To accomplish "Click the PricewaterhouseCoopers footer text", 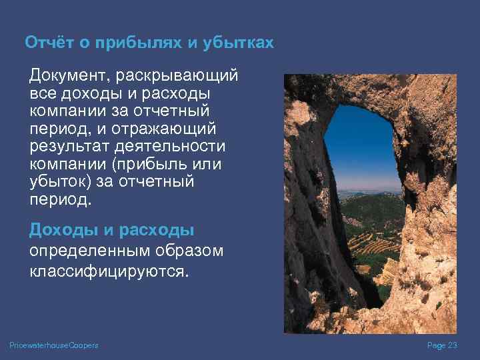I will pos(54,345).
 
